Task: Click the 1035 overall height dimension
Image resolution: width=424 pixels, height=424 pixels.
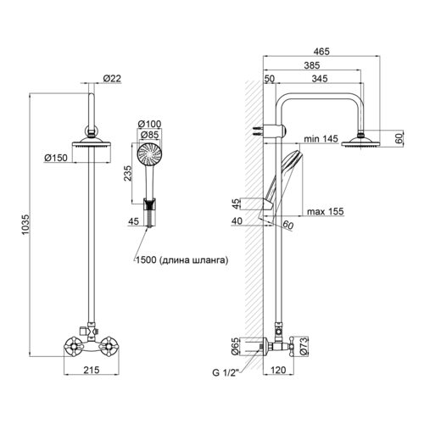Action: tap(25, 225)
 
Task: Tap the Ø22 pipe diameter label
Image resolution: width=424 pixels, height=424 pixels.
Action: tap(112, 78)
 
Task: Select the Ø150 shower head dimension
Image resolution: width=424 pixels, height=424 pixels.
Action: tap(56, 158)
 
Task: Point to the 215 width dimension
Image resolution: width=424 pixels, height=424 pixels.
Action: tap(92, 370)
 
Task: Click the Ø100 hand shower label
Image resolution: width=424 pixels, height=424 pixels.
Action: tap(149, 124)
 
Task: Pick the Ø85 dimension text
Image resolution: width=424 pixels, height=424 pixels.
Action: tap(149, 135)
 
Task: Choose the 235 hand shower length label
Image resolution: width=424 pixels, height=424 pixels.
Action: tap(128, 173)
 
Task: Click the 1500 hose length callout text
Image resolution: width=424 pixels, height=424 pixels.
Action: tap(181, 260)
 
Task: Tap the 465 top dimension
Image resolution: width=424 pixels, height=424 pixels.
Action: tap(321, 52)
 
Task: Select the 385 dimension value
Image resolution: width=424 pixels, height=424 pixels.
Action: tap(312, 65)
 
